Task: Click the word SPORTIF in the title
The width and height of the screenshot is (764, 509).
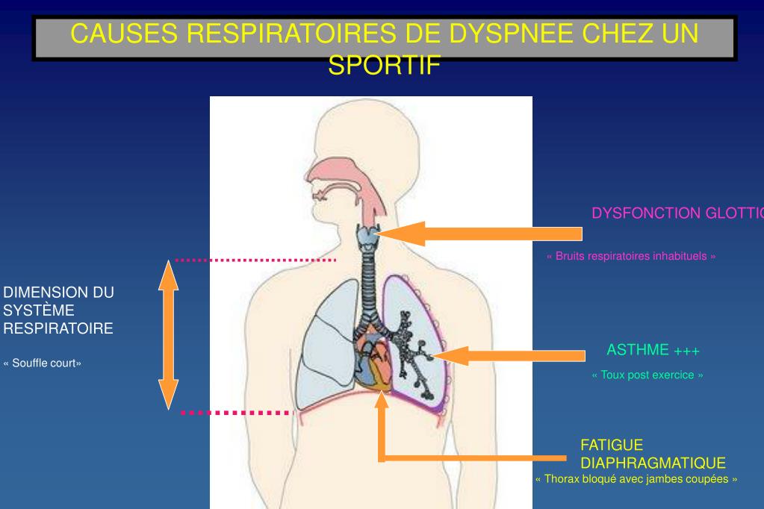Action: [x=385, y=65]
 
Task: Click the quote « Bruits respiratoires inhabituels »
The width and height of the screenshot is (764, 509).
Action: [x=631, y=256]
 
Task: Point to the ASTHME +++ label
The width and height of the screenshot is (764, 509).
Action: [x=653, y=350]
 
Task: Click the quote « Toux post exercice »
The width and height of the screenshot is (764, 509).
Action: [x=647, y=375]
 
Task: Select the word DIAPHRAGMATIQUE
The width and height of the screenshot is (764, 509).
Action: [x=653, y=463]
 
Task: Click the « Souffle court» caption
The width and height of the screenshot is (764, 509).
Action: [x=43, y=363]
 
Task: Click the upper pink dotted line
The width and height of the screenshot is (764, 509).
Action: [x=255, y=260]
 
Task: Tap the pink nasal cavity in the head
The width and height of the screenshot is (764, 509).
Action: [x=337, y=168]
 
